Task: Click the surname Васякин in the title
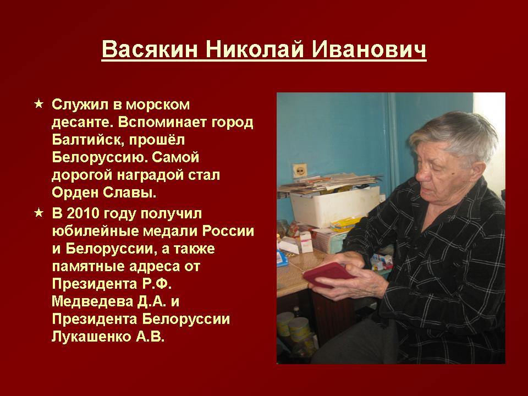150,49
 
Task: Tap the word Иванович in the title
369,49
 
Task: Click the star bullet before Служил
39,104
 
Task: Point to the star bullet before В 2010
39,213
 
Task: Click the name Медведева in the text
92,301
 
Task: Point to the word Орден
75,193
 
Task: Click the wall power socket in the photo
299,170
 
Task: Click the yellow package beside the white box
345,224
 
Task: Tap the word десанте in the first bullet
81,122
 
